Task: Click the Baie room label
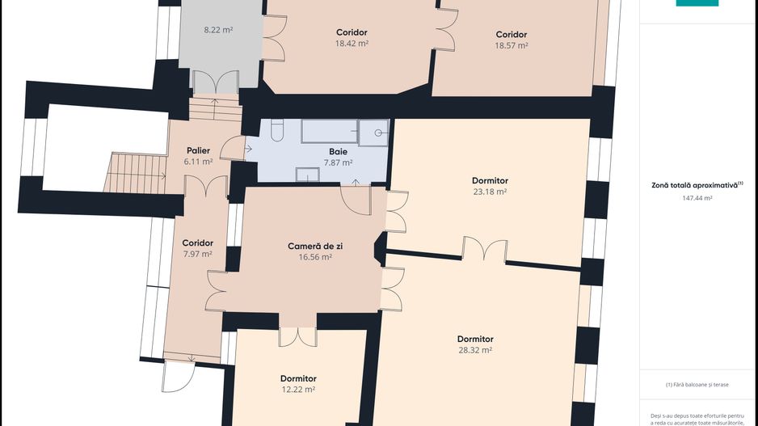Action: click(x=338, y=152)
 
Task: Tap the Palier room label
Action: click(x=198, y=151)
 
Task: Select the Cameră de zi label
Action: click(x=315, y=246)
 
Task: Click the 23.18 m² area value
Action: click(x=490, y=192)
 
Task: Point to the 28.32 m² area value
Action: click(x=475, y=350)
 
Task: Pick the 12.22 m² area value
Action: click(x=298, y=390)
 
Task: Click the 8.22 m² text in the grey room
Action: click(x=218, y=29)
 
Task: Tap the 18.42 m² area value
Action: click(x=352, y=44)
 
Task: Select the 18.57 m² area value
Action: click(x=511, y=45)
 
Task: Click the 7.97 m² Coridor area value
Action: click(x=197, y=254)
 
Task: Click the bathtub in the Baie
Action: click(x=329, y=132)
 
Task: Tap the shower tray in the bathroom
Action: click(x=373, y=133)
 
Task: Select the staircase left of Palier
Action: click(x=136, y=173)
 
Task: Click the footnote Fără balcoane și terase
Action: click(x=697, y=385)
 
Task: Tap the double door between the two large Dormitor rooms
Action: click(x=485, y=250)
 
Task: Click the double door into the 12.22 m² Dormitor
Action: click(x=297, y=336)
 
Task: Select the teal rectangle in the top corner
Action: click(x=697, y=3)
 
